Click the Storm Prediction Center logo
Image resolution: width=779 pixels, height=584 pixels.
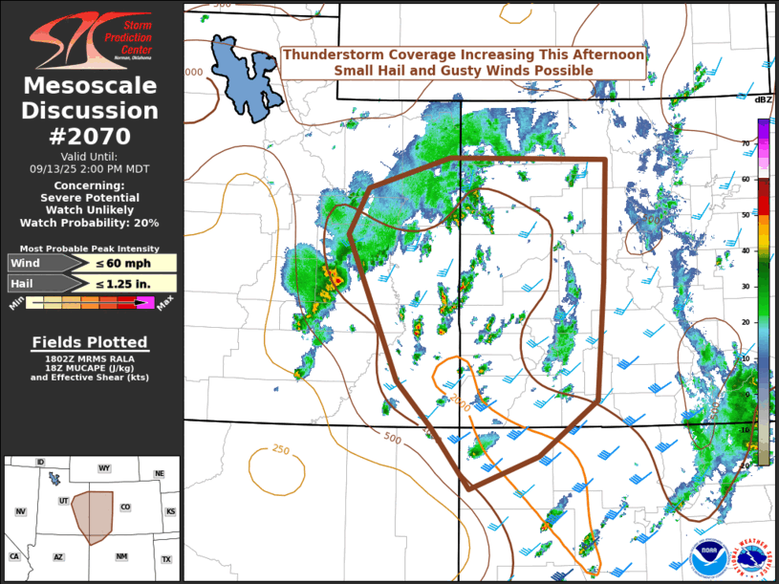coord(91,38)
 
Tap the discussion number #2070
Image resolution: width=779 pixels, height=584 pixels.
coord(91,137)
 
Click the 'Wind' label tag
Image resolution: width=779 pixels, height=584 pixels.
coord(29,263)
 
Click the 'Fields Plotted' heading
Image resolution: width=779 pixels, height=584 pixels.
coord(90,342)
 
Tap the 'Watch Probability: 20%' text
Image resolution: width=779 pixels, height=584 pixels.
coord(90,223)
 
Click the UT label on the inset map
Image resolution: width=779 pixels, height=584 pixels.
coord(64,501)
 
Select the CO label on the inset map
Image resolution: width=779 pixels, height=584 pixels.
coord(125,508)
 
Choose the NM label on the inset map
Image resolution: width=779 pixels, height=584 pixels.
coord(120,556)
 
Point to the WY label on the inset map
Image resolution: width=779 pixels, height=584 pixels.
coord(104,468)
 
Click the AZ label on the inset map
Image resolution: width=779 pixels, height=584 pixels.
coord(58,556)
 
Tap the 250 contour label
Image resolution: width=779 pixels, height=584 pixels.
coord(280,450)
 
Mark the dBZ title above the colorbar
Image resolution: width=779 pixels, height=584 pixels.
coord(763,99)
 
